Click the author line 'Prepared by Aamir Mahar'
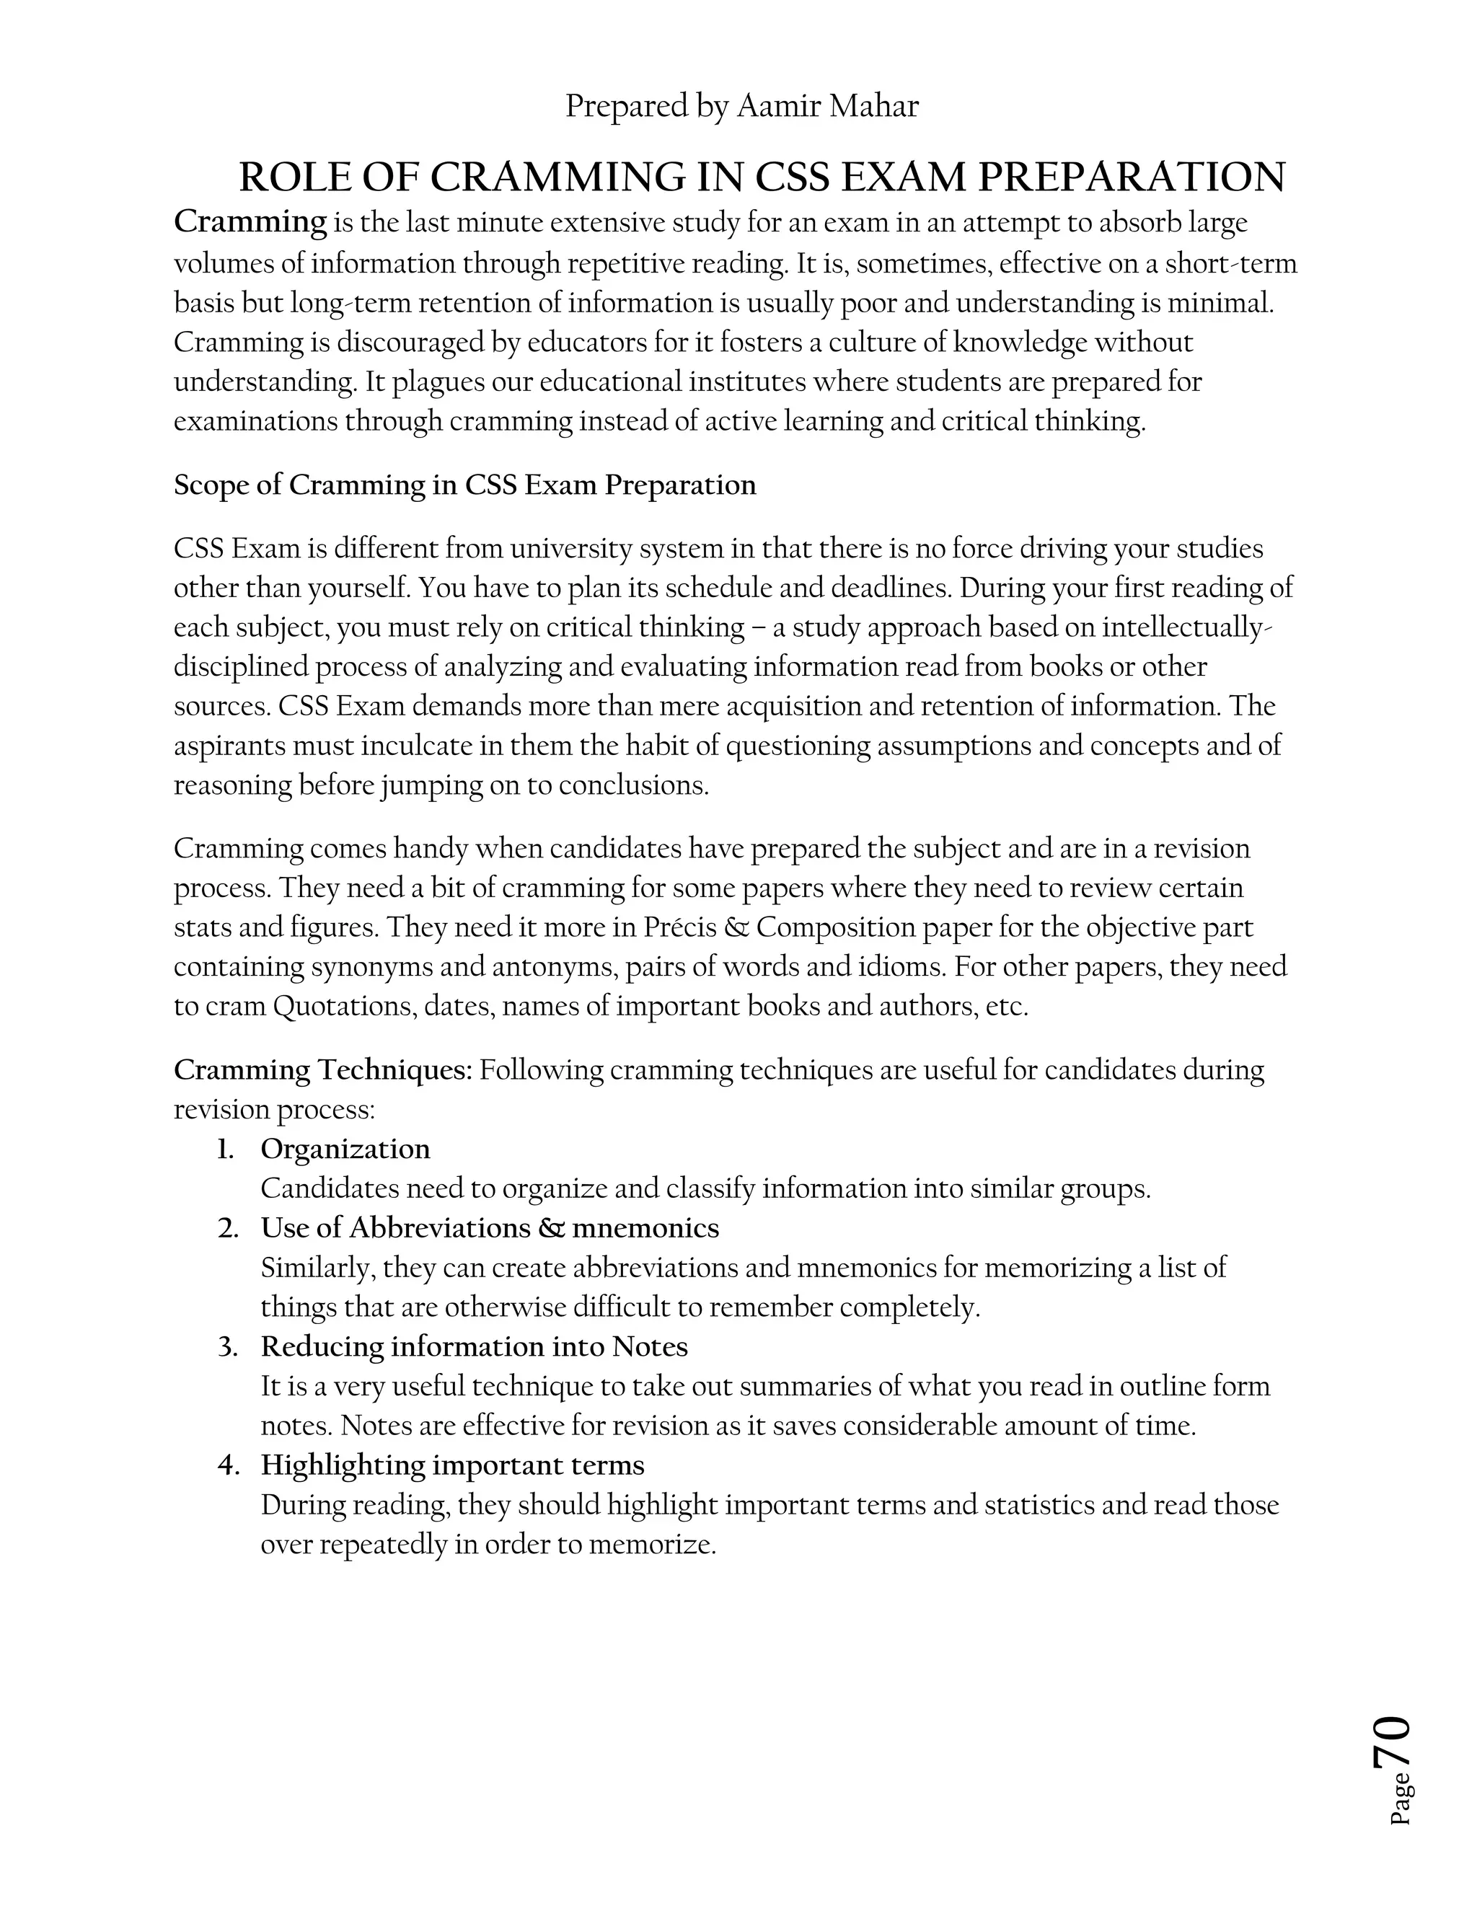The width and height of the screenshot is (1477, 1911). coord(741,106)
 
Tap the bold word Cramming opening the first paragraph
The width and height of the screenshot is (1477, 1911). coord(250,222)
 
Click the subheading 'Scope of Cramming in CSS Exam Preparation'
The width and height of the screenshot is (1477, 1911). coord(464,485)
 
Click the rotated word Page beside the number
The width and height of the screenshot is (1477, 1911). coord(1399,1798)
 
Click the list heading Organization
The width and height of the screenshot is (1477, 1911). coord(345,1148)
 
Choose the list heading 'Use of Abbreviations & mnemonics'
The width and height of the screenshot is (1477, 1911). coord(489,1227)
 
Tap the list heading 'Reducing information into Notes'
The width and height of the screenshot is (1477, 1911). coord(473,1346)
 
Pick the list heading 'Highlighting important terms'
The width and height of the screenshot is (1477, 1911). coord(452,1465)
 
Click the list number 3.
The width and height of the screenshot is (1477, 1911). coord(227,1346)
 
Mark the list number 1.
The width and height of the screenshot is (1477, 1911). coord(226,1149)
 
